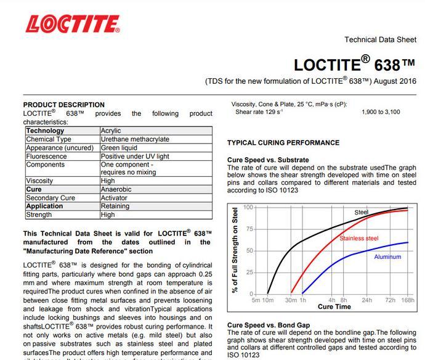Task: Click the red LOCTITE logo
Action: (73, 24)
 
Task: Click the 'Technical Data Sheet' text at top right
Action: (380, 40)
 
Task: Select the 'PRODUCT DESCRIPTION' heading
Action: (64, 105)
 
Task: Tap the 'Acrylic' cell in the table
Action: (111, 131)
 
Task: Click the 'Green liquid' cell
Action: (119, 148)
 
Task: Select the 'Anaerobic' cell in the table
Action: (116, 190)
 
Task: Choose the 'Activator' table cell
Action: (115, 198)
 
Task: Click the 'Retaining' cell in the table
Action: (115, 207)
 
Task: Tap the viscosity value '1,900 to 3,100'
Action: (381, 112)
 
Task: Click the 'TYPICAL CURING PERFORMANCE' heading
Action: (283, 143)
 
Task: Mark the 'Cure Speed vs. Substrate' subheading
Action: (268, 160)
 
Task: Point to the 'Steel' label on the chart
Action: (362, 213)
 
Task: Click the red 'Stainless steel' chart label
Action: (359, 238)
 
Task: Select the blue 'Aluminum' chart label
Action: (387, 257)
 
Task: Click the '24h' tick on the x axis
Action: (366, 300)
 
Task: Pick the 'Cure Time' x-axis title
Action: (334, 307)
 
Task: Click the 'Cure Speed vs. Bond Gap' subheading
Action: (269, 325)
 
